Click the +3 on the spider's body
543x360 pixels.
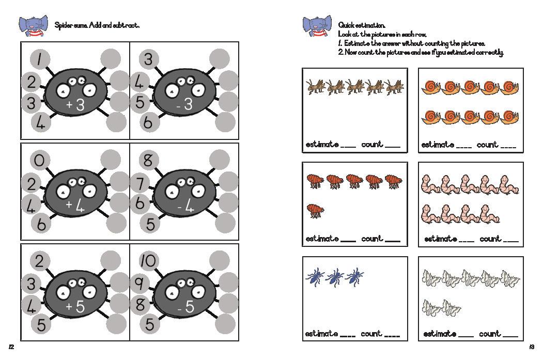click(75, 105)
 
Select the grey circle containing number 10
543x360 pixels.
click(147, 262)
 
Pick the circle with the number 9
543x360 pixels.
click(139, 283)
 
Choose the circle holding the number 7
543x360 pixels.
click(139, 182)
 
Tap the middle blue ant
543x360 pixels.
click(334, 277)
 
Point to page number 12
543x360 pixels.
click(11, 346)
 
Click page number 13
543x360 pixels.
click(532, 346)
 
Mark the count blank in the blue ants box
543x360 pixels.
click(392, 336)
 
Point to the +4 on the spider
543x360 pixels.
click(75, 206)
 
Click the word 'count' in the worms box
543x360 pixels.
click(490, 239)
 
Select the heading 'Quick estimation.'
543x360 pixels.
click(362, 25)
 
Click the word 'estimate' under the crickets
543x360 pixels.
click(322, 144)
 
